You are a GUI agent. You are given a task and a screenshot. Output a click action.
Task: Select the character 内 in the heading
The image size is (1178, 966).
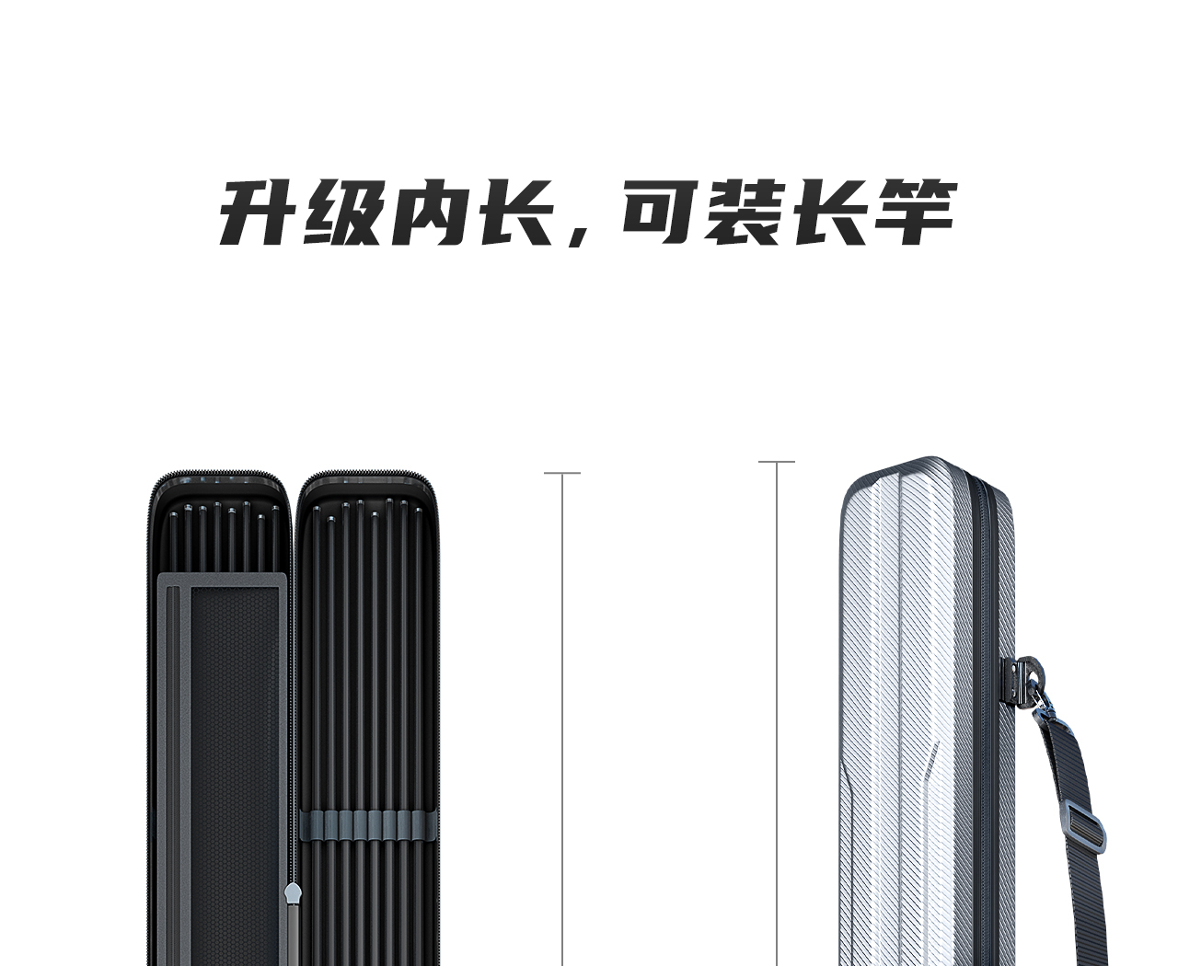429,213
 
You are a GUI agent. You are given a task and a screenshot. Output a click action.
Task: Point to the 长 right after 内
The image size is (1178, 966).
514,213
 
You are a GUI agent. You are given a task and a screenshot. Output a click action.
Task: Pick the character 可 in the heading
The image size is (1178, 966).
659,213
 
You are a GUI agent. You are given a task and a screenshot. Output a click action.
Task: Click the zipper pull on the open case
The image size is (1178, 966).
293,894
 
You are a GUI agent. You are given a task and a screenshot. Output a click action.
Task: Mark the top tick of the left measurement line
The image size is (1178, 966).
562,474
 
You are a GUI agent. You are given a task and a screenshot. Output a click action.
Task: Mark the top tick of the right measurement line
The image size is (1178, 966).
777,462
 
